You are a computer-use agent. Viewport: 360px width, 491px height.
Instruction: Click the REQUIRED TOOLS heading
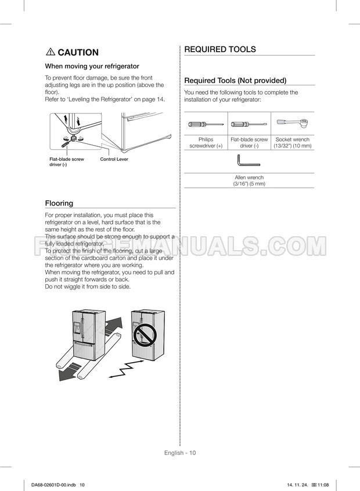coord(219,49)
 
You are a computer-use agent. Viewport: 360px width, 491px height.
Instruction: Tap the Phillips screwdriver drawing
coord(206,124)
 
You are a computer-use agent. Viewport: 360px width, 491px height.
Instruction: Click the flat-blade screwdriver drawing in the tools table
coord(249,124)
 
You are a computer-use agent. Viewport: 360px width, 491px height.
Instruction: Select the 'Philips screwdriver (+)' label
coord(206,143)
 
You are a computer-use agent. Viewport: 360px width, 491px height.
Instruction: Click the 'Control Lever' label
coord(114,159)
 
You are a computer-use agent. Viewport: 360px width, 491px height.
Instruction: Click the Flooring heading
coord(59,203)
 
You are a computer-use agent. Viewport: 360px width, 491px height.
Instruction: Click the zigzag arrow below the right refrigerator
coord(128,369)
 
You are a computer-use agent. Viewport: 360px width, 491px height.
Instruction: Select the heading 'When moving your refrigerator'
coord(92,66)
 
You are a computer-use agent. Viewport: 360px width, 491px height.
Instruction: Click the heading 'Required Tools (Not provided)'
coord(235,81)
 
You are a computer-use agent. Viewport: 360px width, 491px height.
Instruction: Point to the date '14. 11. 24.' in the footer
coord(297,485)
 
